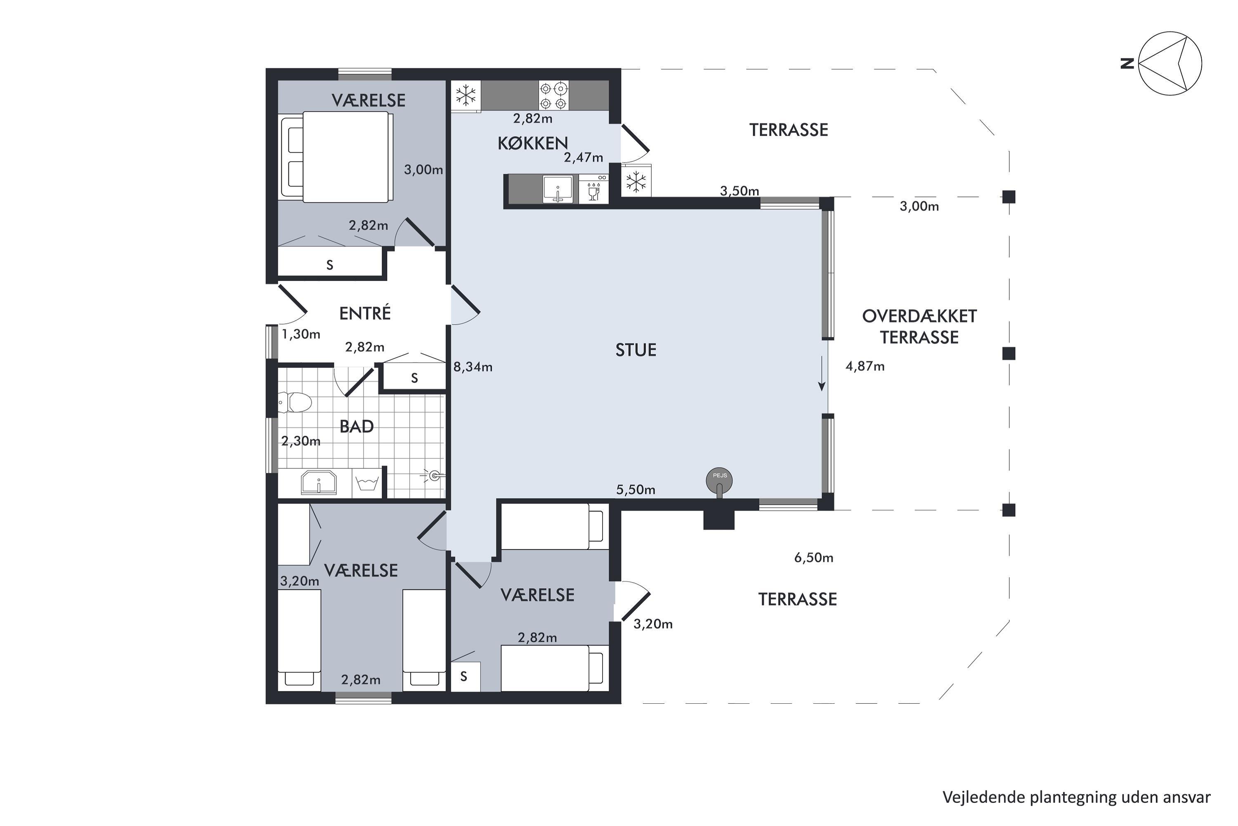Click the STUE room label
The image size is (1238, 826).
click(x=636, y=350)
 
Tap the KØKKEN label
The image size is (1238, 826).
click(x=533, y=143)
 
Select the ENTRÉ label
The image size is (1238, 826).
click(x=365, y=313)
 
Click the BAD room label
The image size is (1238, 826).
click(x=357, y=426)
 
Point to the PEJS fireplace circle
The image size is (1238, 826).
click(x=719, y=480)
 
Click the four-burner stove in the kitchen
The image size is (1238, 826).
click(x=554, y=95)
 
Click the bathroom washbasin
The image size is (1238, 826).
click(x=319, y=482)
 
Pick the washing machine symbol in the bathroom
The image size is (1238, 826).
click(x=367, y=482)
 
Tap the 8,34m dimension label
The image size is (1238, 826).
click(x=473, y=367)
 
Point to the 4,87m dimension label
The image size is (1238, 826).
click(x=865, y=366)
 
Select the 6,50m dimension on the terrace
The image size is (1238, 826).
click(x=814, y=557)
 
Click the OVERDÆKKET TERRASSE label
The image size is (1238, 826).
click(x=919, y=327)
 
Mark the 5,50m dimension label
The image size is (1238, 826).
click(x=636, y=490)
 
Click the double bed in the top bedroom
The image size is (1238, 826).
click(x=337, y=157)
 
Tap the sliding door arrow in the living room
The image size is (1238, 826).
click(x=822, y=373)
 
